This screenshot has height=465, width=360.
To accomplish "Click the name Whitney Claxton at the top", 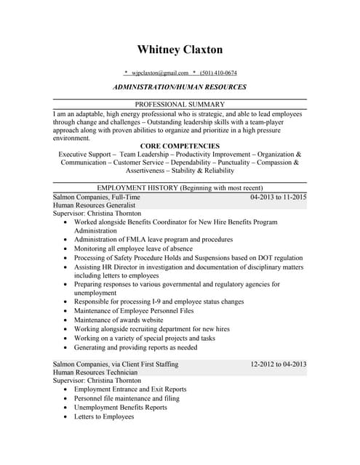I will pyautogui.click(x=180, y=49).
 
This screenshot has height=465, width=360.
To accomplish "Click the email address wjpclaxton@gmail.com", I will pyautogui.click(x=159, y=73).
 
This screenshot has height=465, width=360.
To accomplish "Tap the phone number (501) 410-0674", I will pyautogui.click(x=219, y=73).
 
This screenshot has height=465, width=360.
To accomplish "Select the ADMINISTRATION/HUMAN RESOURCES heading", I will pyautogui.click(x=180, y=86).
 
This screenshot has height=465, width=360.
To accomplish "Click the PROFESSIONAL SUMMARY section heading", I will pyautogui.click(x=180, y=104).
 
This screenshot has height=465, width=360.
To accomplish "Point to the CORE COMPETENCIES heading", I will pyautogui.click(x=180, y=146).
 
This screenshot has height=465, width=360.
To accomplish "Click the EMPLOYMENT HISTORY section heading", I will pyautogui.click(x=180, y=187).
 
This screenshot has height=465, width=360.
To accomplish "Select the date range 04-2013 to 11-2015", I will pyautogui.click(x=278, y=197).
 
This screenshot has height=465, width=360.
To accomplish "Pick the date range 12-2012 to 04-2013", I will pyautogui.click(x=278, y=363).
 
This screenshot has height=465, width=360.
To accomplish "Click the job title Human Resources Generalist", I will pyautogui.click(x=91, y=206).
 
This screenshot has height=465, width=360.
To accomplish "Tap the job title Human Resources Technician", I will pyautogui.click(x=92, y=372).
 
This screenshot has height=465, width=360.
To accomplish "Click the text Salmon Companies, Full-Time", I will pyautogui.click(x=97, y=197).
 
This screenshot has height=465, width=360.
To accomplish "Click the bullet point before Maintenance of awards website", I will pyautogui.click(x=66, y=320).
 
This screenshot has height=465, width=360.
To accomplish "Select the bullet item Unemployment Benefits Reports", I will pyautogui.click(x=120, y=408).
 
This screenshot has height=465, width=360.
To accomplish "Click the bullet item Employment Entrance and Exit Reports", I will pyautogui.click(x=130, y=389).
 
